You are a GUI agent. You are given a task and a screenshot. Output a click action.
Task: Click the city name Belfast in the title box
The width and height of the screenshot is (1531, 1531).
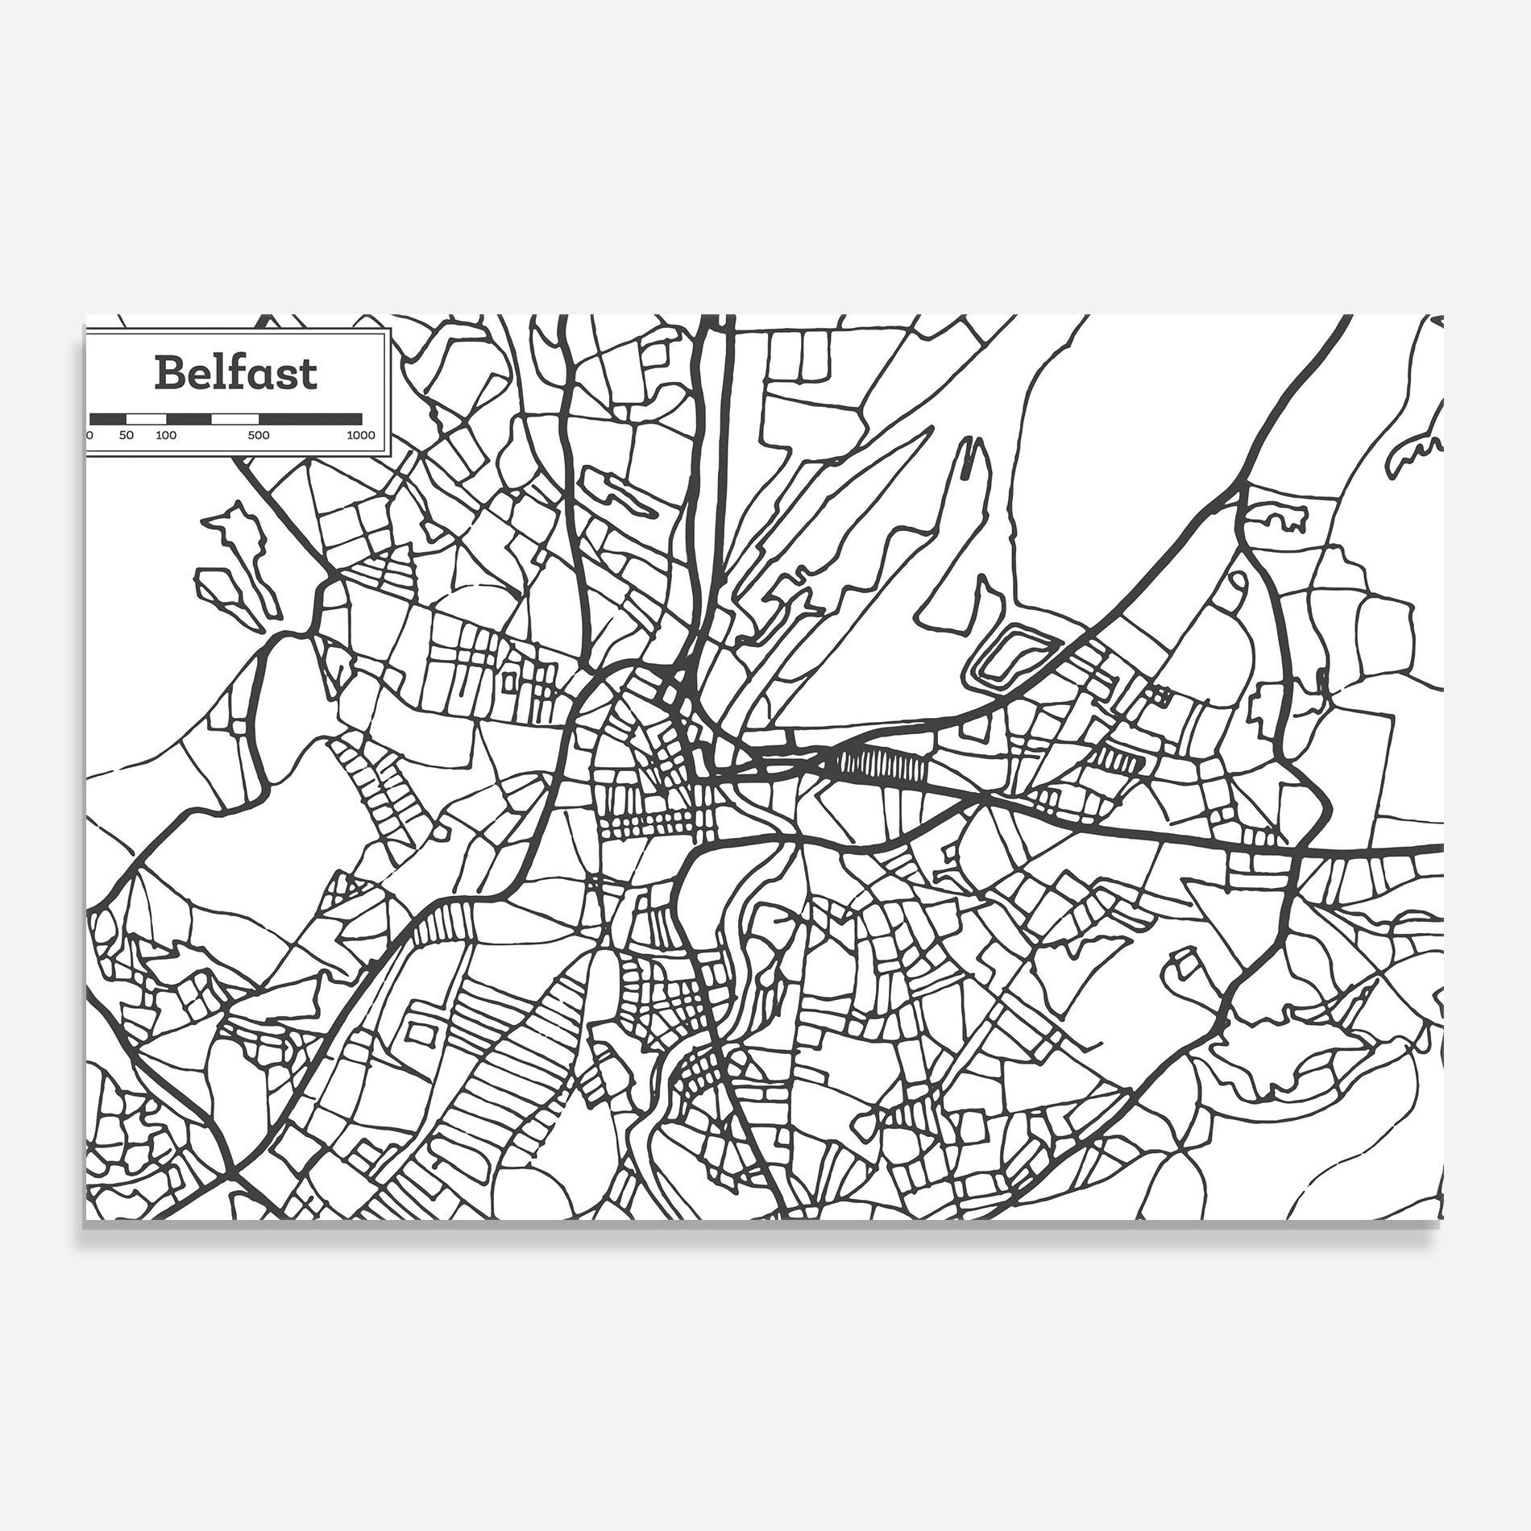coord(236,373)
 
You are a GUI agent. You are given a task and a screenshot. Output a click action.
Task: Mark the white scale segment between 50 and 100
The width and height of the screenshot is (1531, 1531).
coord(147,419)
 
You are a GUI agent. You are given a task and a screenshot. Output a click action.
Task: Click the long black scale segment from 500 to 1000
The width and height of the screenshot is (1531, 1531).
coord(310,419)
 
